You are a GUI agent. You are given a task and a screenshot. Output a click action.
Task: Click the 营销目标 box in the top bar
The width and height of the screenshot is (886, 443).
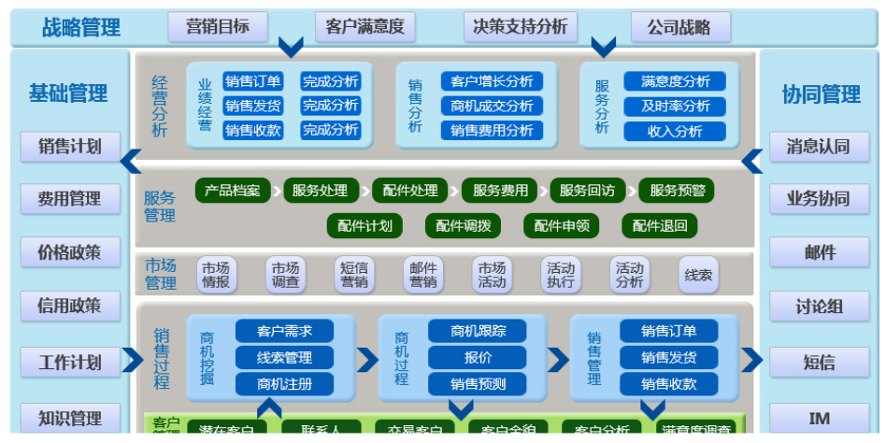click(x=218, y=26)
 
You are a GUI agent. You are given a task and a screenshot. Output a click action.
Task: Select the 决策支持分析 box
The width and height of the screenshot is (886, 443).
click(x=521, y=26)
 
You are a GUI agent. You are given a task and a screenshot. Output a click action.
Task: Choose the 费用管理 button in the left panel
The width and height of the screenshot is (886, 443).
click(x=69, y=198)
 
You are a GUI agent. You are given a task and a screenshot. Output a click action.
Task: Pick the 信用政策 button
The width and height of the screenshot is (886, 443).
click(x=69, y=306)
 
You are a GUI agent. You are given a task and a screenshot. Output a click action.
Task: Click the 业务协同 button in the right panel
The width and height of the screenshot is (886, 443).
click(x=819, y=198)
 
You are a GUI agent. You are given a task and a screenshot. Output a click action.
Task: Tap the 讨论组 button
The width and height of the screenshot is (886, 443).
click(x=819, y=306)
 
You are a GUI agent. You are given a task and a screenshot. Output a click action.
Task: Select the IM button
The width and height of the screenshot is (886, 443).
click(x=819, y=418)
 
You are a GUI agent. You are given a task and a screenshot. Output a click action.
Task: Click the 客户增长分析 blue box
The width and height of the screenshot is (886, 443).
click(x=492, y=81)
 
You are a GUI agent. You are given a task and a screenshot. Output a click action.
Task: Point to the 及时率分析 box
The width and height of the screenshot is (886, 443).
click(x=675, y=106)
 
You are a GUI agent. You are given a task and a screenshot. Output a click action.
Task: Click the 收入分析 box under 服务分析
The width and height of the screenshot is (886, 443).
click(x=675, y=131)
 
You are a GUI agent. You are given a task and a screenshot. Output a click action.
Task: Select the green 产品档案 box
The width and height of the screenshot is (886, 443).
click(x=233, y=191)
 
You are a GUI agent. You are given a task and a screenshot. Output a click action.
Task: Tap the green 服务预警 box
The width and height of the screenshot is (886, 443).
click(x=677, y=191)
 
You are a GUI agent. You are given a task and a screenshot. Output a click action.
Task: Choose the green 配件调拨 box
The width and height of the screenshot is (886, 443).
click(x=463, y=225)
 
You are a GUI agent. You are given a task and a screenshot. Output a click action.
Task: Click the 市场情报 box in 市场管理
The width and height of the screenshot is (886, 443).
click(x=216, y=274)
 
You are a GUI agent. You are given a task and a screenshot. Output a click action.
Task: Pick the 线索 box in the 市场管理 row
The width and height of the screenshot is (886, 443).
click(x=698, y=275)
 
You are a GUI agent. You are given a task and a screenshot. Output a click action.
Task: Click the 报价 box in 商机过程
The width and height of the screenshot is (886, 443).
click(x=478, y=357)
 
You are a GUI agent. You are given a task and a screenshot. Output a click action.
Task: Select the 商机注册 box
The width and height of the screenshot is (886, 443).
click(x=284, y=383)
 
